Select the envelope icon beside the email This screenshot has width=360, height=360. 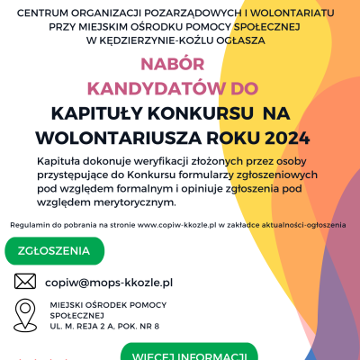click(x=25, y=282)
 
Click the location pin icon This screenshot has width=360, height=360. click(x=25, y=315)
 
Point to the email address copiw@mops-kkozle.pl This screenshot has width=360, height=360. click(x=108, y=282)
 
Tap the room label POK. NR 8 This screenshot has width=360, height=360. click(x=139, y=325)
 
